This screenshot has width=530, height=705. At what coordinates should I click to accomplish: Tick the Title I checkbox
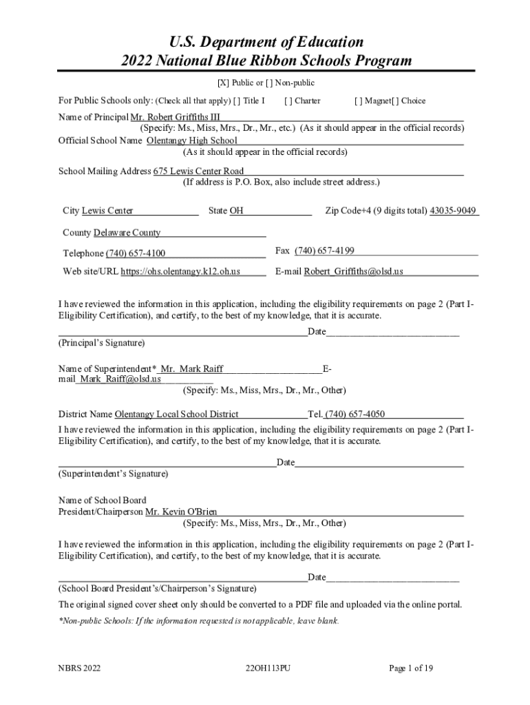[x=237, y=101]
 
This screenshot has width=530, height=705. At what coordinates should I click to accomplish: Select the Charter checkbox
[x=288, y=101]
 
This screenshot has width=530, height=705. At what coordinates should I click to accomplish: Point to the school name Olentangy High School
[x=192, y=140]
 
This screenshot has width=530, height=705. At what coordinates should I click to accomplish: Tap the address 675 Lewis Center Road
[x=198, y=171]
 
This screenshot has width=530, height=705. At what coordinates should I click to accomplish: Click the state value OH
[x=236, y=211]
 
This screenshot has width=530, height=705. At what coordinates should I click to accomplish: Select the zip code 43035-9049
[x=453, y=211]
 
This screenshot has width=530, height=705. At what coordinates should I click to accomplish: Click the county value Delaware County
[x=127, y=233]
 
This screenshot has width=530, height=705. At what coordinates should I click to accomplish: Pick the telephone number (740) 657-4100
[x=136, y=253]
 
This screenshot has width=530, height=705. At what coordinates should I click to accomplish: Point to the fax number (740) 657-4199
[x=324, y=251]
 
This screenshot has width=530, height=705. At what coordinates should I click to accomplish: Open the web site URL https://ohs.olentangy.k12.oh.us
[x=180, y=271]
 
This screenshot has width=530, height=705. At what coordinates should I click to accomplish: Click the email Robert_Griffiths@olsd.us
[x=354, y=271]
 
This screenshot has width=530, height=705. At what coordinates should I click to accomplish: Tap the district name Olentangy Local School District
[x=176, y=414]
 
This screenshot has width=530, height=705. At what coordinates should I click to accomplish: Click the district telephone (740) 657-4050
[x=354, y=414]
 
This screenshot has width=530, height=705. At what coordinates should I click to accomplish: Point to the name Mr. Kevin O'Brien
[x=182, y=512]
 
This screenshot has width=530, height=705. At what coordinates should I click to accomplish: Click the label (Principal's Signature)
[x=102, y=342]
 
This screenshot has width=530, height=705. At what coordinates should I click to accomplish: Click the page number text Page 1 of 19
[x=411, y=668]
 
